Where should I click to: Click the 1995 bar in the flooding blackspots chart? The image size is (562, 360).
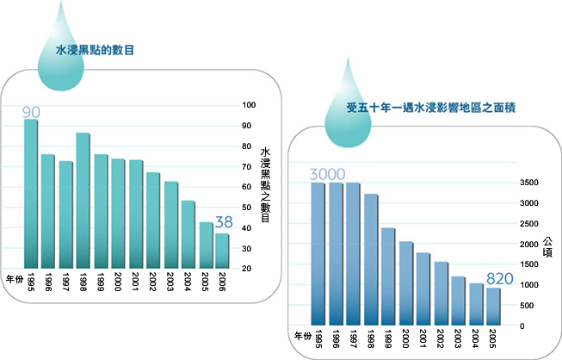pyautogui.click(x=31, y=194)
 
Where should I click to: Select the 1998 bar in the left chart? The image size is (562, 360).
pyautogui.click(x=83, y=201)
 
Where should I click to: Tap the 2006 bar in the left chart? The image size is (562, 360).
pyautogui.click(x=222, y=251)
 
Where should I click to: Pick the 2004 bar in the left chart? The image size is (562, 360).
pyautogui.click(x=188, y=234)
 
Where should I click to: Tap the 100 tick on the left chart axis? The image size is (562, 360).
pyautogui.click(x=250, y=105)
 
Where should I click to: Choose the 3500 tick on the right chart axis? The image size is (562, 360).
pyautogui.click(x=528, y=183)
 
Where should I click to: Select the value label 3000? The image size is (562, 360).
pyautogui.click(x=327, y=175)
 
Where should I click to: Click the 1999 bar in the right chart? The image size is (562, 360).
pyautogui.click(x=388, y=276)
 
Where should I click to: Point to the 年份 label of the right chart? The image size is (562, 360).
pyautogui.click(x=301, y=334)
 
